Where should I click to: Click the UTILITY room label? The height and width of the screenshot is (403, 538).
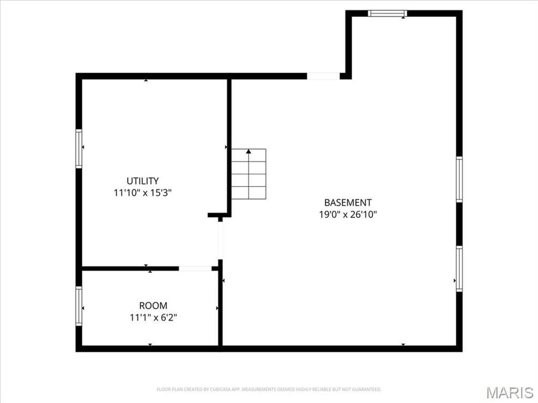142,181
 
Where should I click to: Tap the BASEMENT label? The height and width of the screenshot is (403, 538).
348,202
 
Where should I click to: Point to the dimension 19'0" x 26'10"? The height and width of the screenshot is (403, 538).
348,214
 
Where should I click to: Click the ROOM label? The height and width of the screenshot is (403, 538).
153,305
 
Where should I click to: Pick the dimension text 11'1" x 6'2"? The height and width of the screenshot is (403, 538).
153,318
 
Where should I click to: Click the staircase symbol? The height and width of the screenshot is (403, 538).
249,174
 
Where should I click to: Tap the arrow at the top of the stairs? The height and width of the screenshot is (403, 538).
249,152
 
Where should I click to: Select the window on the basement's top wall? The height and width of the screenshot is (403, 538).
387,13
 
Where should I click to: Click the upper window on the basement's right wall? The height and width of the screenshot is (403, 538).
459,179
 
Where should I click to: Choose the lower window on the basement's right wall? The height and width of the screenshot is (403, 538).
459,269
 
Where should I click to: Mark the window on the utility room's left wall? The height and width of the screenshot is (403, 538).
78,148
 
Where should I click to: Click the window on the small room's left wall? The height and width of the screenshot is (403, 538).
78,306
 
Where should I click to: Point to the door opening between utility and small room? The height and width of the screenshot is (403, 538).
195,269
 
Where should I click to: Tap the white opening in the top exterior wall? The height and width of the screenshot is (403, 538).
323,76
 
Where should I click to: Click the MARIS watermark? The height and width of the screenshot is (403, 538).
509,392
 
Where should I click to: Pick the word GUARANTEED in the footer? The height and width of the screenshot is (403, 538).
365,389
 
